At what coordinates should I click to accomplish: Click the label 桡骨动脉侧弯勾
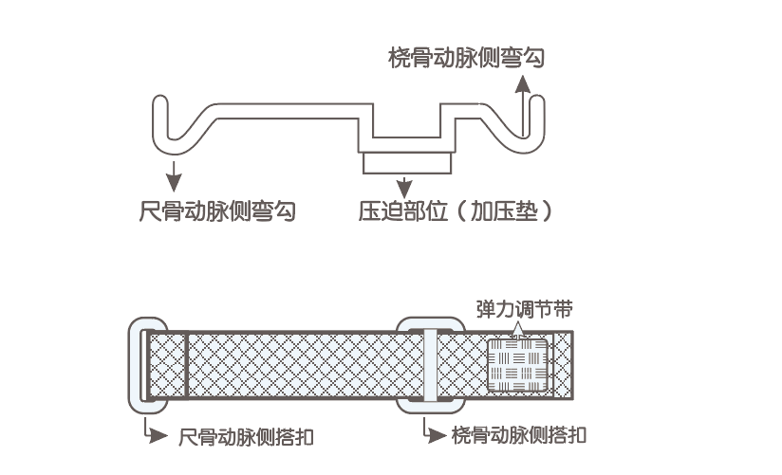click(467, 59)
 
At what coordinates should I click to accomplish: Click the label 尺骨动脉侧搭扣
click(247, 437)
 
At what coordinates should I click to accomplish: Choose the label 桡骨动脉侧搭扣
click(518, 436)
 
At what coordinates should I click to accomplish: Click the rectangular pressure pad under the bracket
click(407, 163)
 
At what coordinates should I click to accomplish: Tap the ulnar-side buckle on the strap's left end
click(148, 365)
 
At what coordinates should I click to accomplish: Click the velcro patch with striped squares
click(518, 364)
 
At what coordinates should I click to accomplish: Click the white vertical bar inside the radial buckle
click(430, 365)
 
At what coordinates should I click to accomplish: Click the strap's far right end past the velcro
click(565, 364)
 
